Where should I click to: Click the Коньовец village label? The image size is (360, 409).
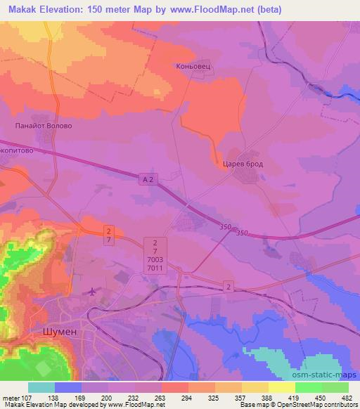coord(193,67)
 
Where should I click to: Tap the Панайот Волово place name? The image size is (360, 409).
coord(44,126)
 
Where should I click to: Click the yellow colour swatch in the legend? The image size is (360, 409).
coord(282,387)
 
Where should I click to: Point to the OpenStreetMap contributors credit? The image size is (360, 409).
coord(310,405)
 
